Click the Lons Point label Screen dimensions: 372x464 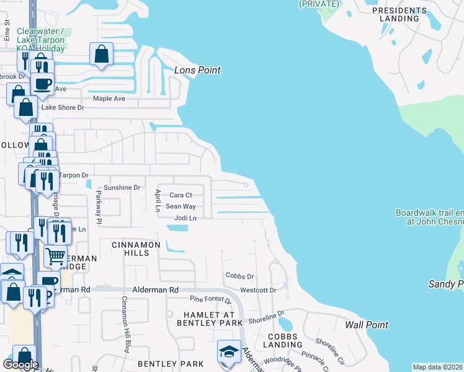[197, 70]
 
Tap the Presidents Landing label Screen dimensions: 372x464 [400, 14]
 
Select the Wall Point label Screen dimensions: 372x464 [367, 325]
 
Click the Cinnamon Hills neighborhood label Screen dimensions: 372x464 [136, 245]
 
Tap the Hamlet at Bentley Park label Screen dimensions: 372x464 [209, 318]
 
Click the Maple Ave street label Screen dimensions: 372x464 [109, 99]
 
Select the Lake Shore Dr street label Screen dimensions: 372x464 [62, 108]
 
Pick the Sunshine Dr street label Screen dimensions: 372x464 [122, 187]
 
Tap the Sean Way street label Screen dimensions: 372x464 [181, 206]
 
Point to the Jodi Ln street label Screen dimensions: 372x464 [185, 218]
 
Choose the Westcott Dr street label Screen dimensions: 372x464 [257, 290]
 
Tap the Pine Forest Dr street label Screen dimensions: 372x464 [210, 300]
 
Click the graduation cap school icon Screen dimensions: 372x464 [229, 352]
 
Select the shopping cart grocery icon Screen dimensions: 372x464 [55, 255]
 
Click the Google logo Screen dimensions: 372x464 [20, 365]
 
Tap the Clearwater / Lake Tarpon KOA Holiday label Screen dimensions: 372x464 [41, 40]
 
